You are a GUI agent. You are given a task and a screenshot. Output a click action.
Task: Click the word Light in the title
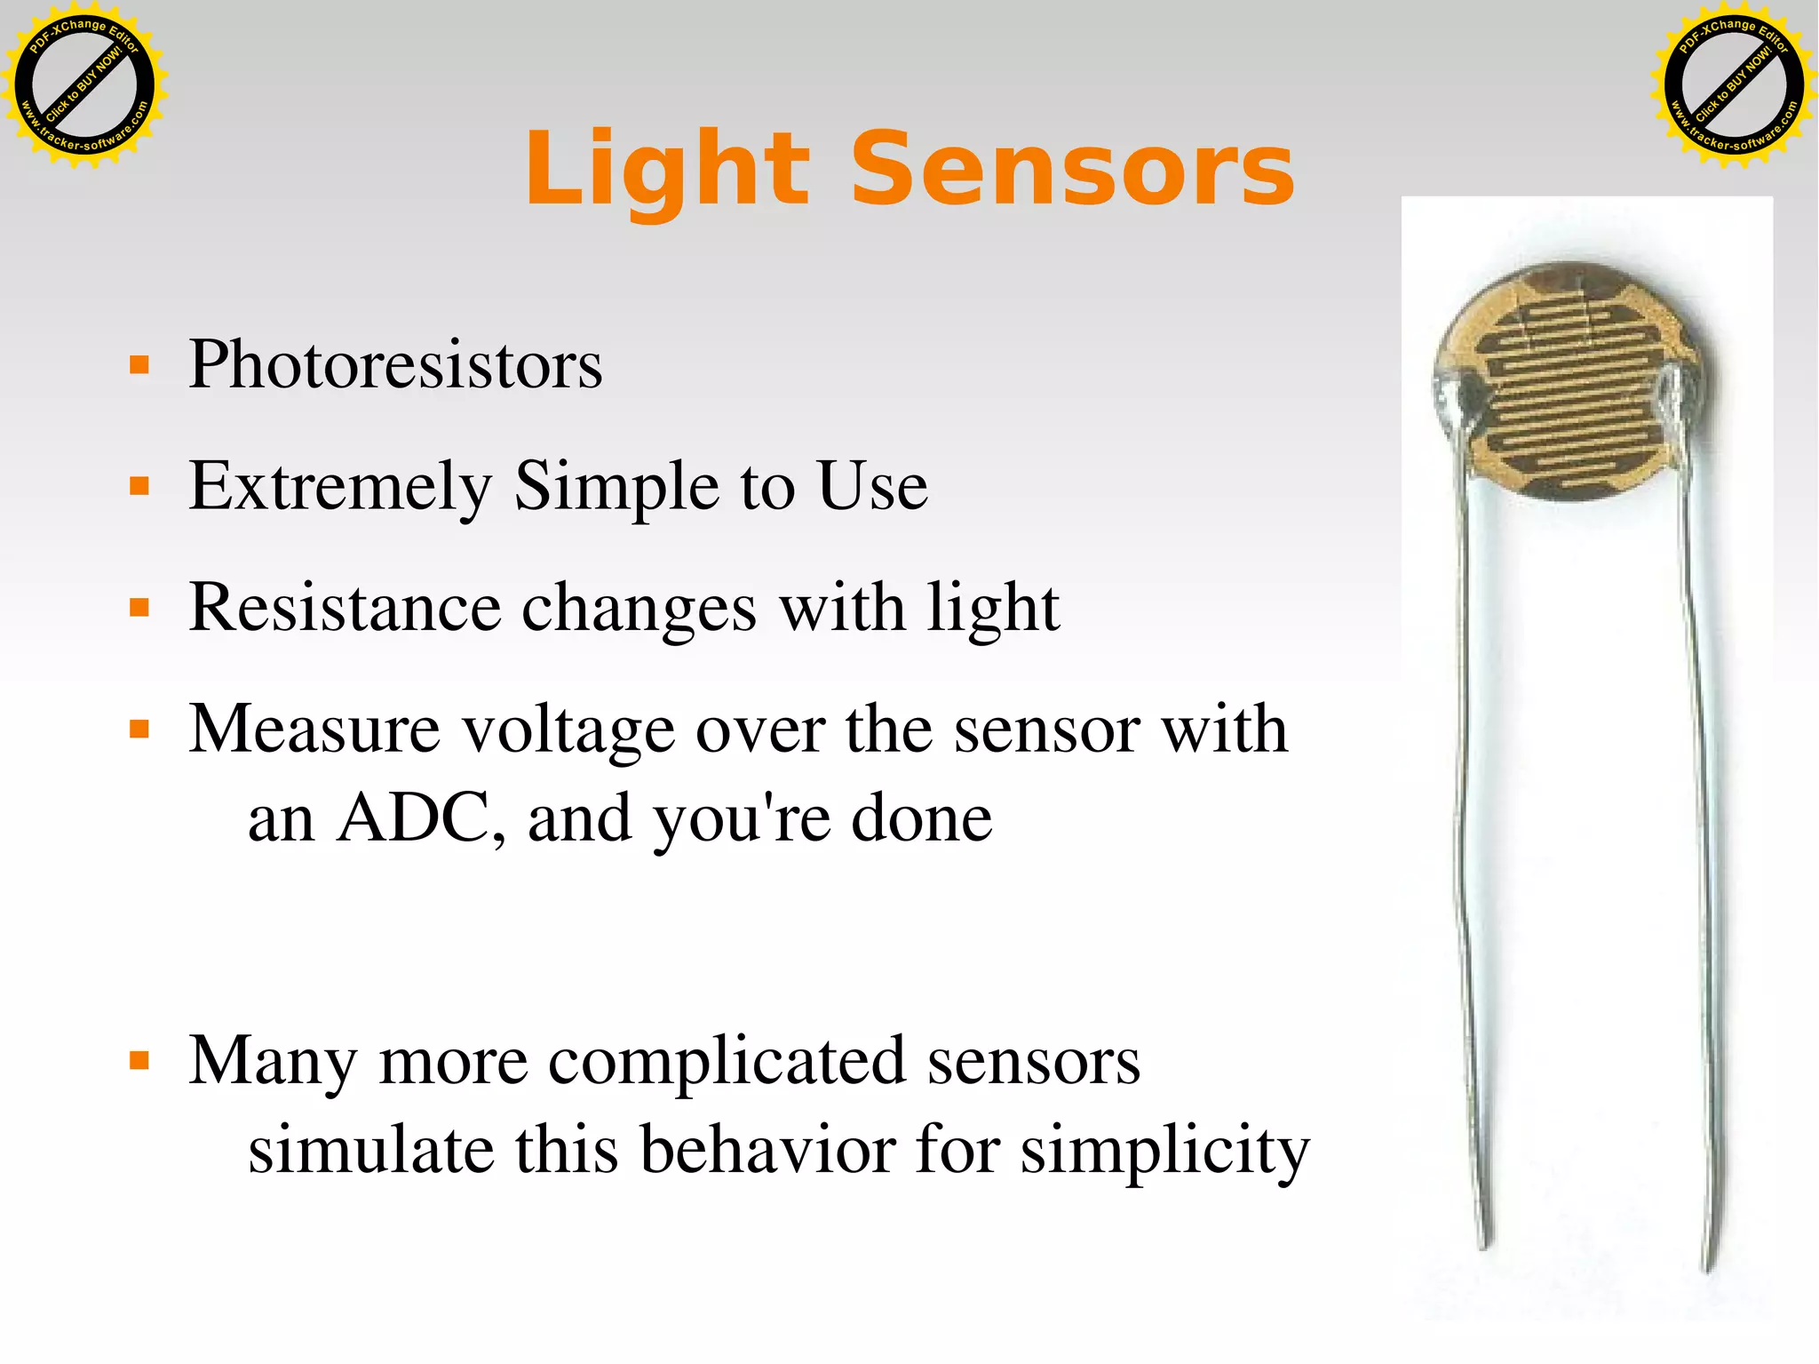coord(666,169)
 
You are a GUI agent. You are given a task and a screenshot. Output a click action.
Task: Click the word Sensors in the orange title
coord(1072,169)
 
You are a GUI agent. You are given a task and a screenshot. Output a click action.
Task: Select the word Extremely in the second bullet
coord(340,486)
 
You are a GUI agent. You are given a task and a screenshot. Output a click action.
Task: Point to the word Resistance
coord(345,608)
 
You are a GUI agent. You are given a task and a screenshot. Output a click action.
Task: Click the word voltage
coord(568,730)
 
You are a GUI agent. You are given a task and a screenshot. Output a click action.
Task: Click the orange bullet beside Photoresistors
coord(139,365)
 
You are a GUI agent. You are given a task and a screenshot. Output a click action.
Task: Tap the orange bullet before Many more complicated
coord(139,1060)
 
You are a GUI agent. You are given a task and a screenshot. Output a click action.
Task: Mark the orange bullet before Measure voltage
coord(139,730)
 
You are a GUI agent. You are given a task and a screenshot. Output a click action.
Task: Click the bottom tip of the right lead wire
coord(1707,1265)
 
